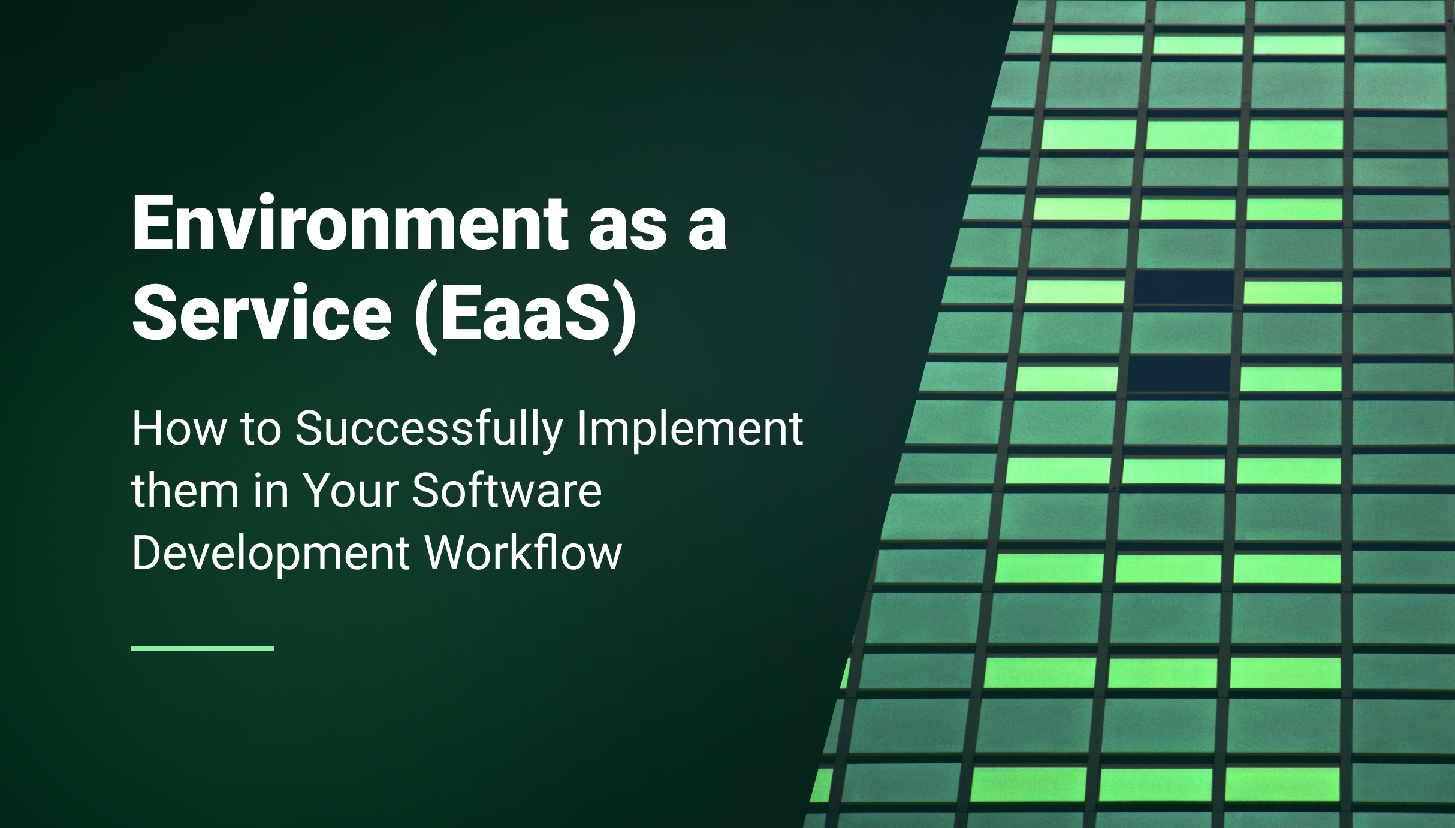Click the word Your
click(x=351, y=491)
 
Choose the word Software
click(x=507, y=491)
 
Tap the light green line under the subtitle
click(x=203, y=648)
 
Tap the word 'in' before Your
click(x=267, y=491)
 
